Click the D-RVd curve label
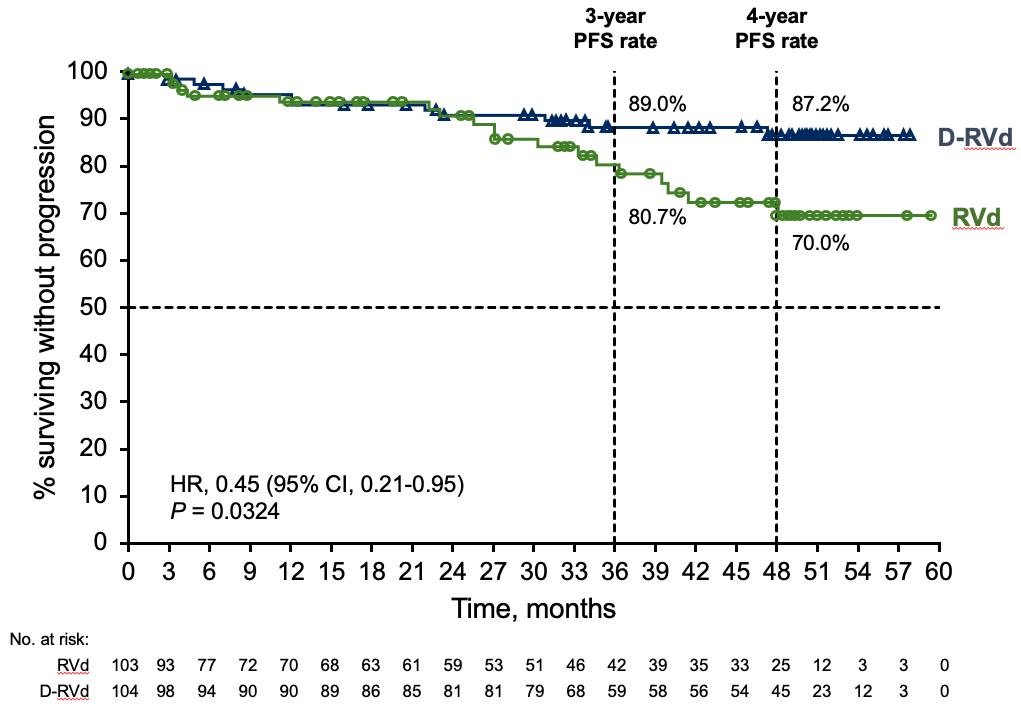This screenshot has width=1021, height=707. [x=974, y=138]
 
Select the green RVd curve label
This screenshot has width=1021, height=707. [x=976, y=217]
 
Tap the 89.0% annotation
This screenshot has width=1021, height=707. [x=657, y=104]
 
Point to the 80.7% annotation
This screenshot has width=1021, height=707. [x=657, y=217]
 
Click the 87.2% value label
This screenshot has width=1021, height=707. [x=820, y=104]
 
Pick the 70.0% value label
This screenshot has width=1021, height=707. [x=820, y=242]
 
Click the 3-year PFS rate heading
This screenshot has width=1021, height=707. [x=614, y=28]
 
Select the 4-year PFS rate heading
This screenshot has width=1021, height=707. [x=776, y=28]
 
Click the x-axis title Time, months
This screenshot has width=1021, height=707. [x=533, y=607]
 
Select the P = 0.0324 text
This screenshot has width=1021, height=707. [x=224, y=512]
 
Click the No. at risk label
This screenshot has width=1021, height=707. [x=50, y=638]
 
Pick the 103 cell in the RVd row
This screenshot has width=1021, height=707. [x=128, y=665]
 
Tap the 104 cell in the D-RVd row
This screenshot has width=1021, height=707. [x=128, y=690]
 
